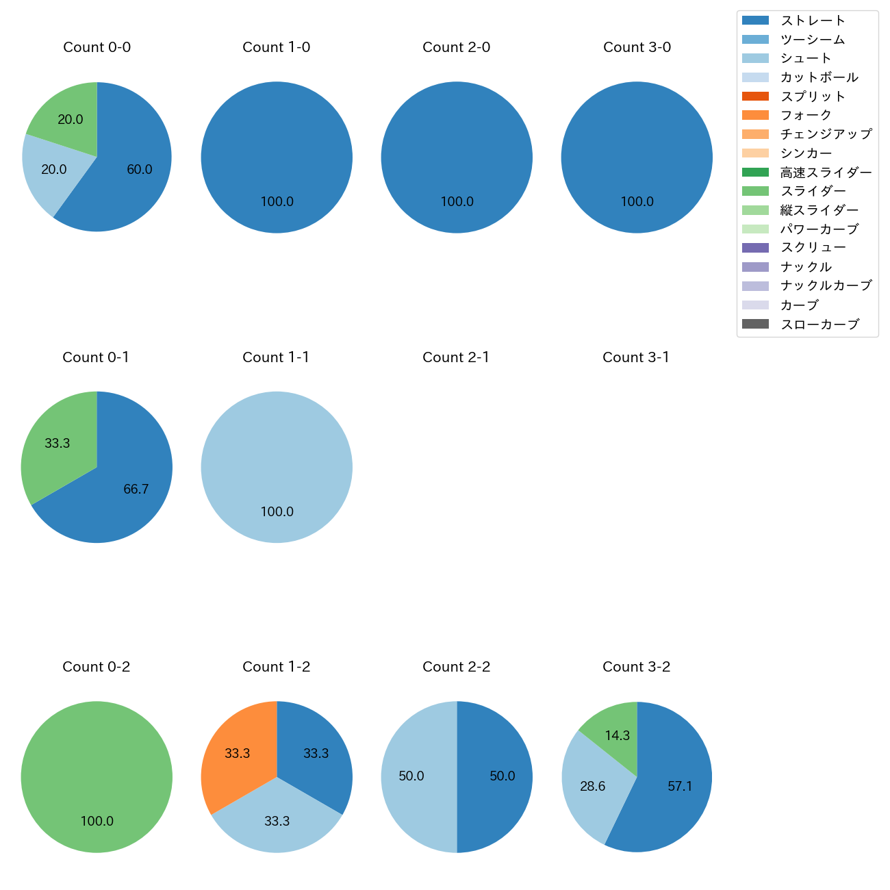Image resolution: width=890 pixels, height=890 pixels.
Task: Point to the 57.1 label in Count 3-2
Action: pos(680,787)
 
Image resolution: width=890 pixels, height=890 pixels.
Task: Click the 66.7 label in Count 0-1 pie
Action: pos(136,489)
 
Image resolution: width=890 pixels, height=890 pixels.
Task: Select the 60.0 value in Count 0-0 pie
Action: pos(139,170)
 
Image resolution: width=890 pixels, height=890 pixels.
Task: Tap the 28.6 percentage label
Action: pos(592,787)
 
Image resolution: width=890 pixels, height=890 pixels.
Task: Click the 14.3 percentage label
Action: pos(617,736)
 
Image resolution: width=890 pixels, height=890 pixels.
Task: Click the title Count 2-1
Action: pos(456,357)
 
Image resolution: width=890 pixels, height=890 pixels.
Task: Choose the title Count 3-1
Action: pos(636,357)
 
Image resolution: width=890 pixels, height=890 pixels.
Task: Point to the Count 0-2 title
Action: pos(97,667)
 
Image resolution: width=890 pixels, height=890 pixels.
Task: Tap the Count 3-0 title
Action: pos(637,47)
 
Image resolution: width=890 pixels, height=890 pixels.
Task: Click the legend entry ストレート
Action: pos(813,21)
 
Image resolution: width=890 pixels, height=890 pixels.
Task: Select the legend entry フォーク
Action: pos(806,115)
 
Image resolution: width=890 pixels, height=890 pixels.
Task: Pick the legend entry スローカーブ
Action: pos(819,325)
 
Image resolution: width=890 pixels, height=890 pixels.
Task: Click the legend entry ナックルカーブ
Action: pos(826,285)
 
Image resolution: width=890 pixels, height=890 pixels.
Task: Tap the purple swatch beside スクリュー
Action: pos(755,248)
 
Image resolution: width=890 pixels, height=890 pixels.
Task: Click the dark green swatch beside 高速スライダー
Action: pos(755,173)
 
